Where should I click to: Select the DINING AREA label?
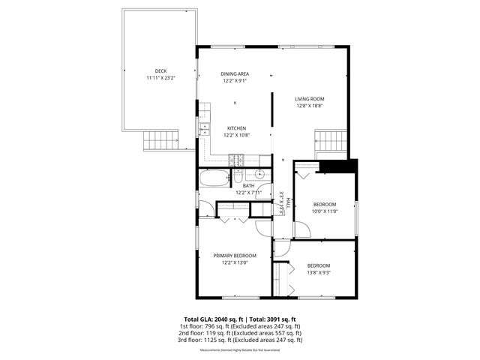235,73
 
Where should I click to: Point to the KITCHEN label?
237,128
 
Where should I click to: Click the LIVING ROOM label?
309,99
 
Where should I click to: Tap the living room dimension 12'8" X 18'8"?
309,106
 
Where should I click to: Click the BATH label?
238,186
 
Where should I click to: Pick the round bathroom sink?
259,175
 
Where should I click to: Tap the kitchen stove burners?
237,158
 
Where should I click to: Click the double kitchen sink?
203,129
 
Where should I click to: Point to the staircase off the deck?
162,139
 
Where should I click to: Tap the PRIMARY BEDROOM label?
234,256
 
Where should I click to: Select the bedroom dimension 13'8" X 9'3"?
318,273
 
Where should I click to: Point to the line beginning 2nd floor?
240,333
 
